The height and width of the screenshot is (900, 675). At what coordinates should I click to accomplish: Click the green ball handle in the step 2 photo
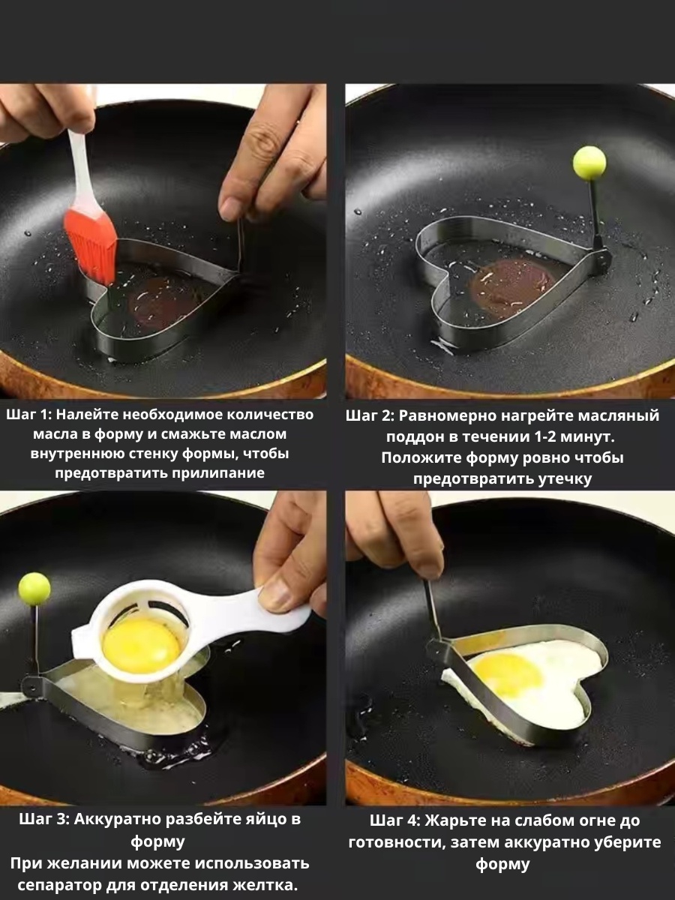click(589, 160)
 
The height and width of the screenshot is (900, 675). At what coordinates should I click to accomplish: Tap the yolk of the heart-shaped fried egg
click(505, 675)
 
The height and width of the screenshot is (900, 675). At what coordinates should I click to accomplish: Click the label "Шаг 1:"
click(28, 415)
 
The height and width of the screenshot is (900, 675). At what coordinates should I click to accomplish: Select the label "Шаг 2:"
click(370, 415)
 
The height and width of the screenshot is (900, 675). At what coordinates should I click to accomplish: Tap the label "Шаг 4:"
click(395, 820)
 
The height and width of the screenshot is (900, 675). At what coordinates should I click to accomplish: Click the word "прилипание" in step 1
click(217, 473)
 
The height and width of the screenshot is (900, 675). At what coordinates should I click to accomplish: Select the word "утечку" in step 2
click(559, 479)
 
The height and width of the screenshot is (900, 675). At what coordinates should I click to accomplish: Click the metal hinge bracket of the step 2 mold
click(600, 258)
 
